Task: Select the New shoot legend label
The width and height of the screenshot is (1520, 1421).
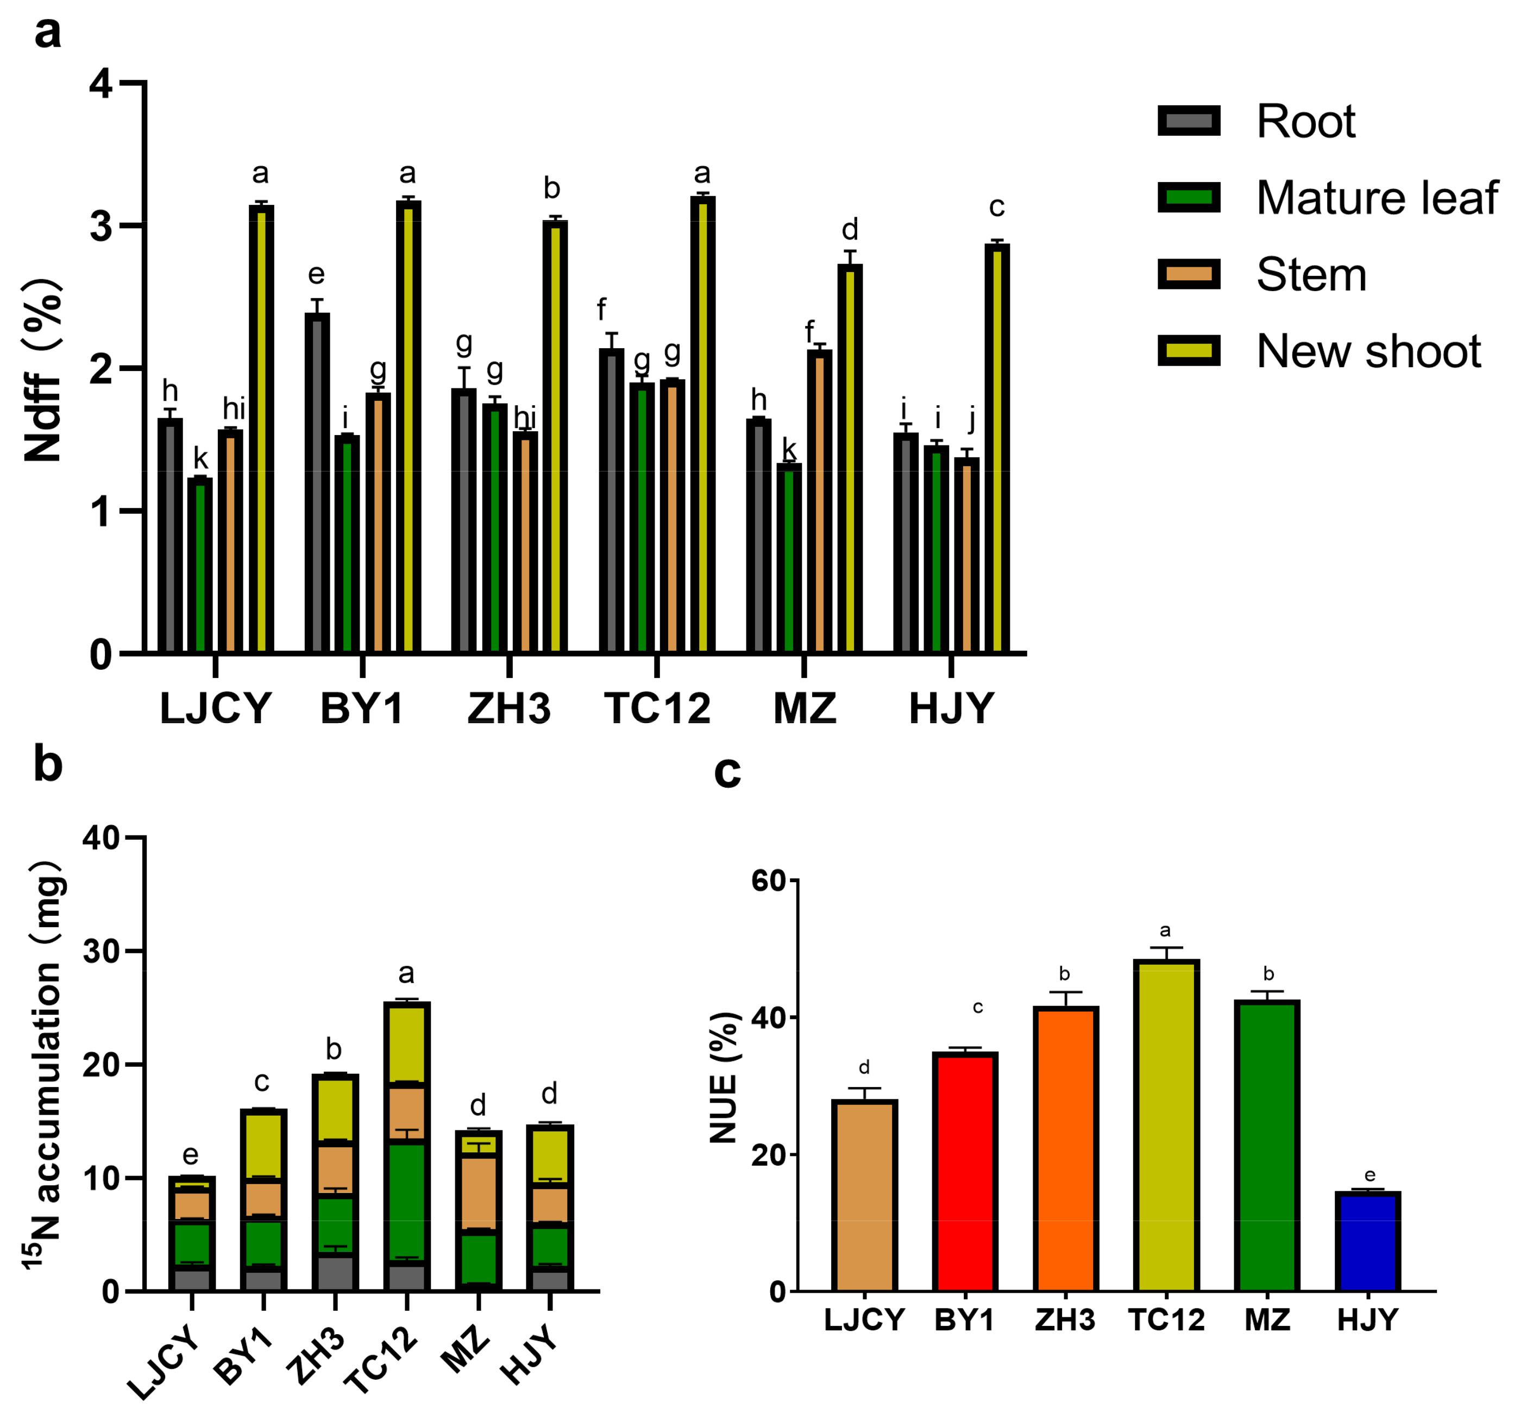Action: [1368, 351]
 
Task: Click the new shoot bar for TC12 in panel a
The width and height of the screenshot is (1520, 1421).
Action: [702, 424]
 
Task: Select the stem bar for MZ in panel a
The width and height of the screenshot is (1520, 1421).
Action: [820, 501]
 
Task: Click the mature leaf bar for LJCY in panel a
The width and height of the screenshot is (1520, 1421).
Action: [200, 565]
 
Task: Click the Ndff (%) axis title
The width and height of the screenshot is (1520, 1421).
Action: [43, 370]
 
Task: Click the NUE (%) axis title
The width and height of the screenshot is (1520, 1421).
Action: [724, 1078]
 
